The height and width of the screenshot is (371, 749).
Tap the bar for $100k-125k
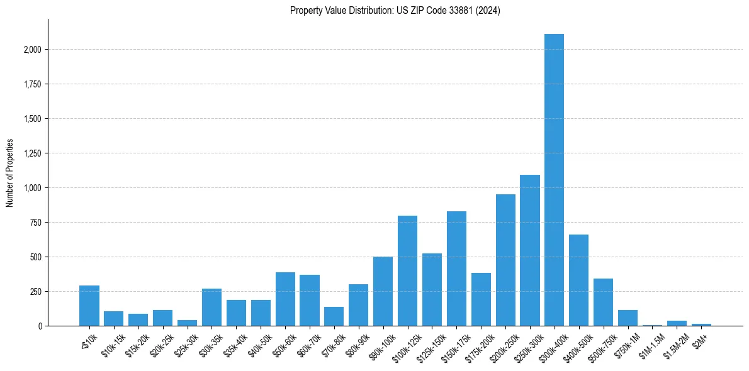point(407,271)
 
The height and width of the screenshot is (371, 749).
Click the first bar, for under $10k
point(89,306)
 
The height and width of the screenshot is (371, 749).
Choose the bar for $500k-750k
point(603,302)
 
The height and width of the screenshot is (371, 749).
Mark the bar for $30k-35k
point(211,307)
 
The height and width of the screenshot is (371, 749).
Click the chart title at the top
point(395,11)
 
